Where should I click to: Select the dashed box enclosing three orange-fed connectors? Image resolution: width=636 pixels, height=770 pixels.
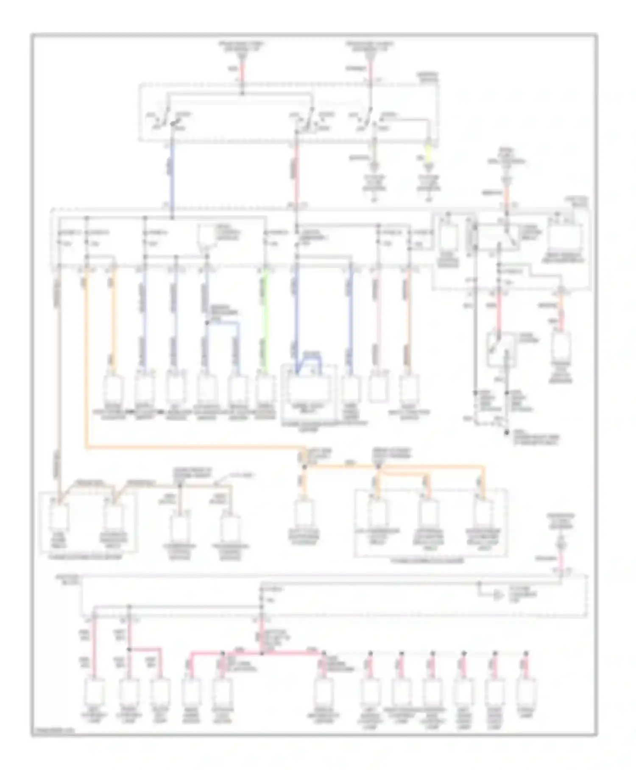430,522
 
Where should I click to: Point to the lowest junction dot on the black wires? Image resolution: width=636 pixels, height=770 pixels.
506,433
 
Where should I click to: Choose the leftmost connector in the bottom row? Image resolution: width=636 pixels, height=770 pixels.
94,691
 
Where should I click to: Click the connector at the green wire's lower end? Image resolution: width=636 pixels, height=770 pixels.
265,388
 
